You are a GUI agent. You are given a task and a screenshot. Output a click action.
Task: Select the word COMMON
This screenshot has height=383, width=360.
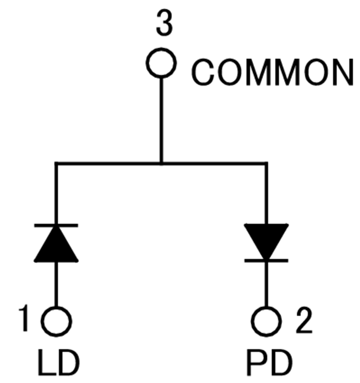[x=272, y=73]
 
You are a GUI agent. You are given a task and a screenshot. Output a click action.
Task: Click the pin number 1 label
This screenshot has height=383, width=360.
[x=24, y=318]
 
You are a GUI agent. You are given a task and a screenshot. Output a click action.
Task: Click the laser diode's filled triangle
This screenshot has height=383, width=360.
[x=56, y=247]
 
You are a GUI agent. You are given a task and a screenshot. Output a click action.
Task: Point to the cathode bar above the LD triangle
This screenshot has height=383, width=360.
[x=56, y=225]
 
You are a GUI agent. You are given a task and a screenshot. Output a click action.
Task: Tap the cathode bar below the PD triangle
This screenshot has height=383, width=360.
[x=266, y=261]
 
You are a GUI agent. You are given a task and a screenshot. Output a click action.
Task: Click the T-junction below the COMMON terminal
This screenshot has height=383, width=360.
[x=161, y=163]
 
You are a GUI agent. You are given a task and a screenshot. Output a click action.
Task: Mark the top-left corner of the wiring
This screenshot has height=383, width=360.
[x=56, y=163]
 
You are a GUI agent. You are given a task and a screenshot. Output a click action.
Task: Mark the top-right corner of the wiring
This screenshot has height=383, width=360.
[x=266, y=163]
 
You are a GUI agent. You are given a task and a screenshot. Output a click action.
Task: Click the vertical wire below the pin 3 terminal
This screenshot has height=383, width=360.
[x=161, y=120]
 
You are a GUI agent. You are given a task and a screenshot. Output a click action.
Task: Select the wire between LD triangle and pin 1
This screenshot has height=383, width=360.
[x=56, y=285]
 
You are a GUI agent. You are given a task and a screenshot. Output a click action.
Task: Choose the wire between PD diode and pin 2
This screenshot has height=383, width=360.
[x=266, y=285]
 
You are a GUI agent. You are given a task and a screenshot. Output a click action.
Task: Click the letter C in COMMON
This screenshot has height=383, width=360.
[x=202, y=73]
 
